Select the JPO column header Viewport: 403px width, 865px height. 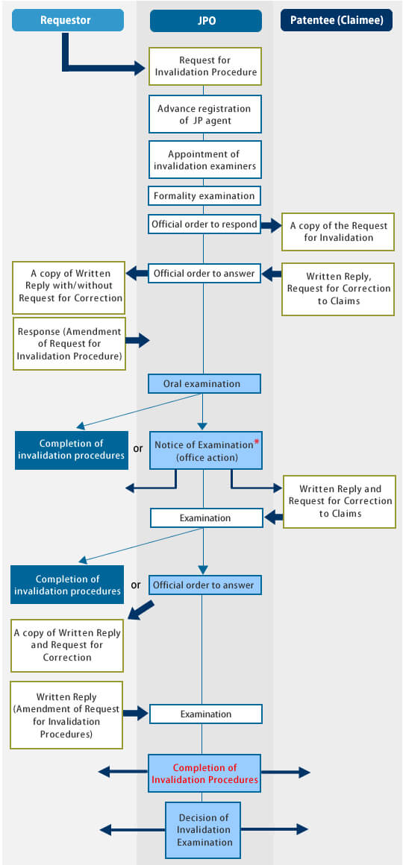pyautogui.click(x=205, y=20)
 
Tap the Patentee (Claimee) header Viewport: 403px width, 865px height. pyautogui.click(x=337, y=20)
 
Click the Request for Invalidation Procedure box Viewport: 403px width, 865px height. pyautogui.click(x=204, y=66)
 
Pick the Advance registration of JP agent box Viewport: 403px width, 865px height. pyautogui.click(x=204, y=114)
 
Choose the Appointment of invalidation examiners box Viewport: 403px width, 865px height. pyautogui.click(x=204, y=160)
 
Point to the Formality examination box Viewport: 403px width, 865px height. pyautogui.click(x=204, y=195)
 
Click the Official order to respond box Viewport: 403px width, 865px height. pyautogui.click(x=204, y=224)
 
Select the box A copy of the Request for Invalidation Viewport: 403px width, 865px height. pyautogui.click(x=338, y=232)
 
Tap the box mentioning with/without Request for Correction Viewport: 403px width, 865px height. pyautogui.click(x=69, y=286)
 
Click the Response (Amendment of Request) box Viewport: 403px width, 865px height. pyautogui.click(x=69, y=344)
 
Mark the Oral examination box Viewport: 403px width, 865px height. pyautogui.click(x=204, y=383)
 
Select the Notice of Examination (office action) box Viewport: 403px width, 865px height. pyautogui.click(x=205, y=450)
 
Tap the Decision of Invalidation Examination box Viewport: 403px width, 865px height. pyautogui.click(x=203, y=830)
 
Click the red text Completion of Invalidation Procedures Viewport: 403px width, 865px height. pyautogui.click(x=204, y=773)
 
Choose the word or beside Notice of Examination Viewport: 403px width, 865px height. pyautogui.click(x=138, y=448)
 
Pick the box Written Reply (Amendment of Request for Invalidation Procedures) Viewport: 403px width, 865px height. pyautogui.click(x=66, y=714)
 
